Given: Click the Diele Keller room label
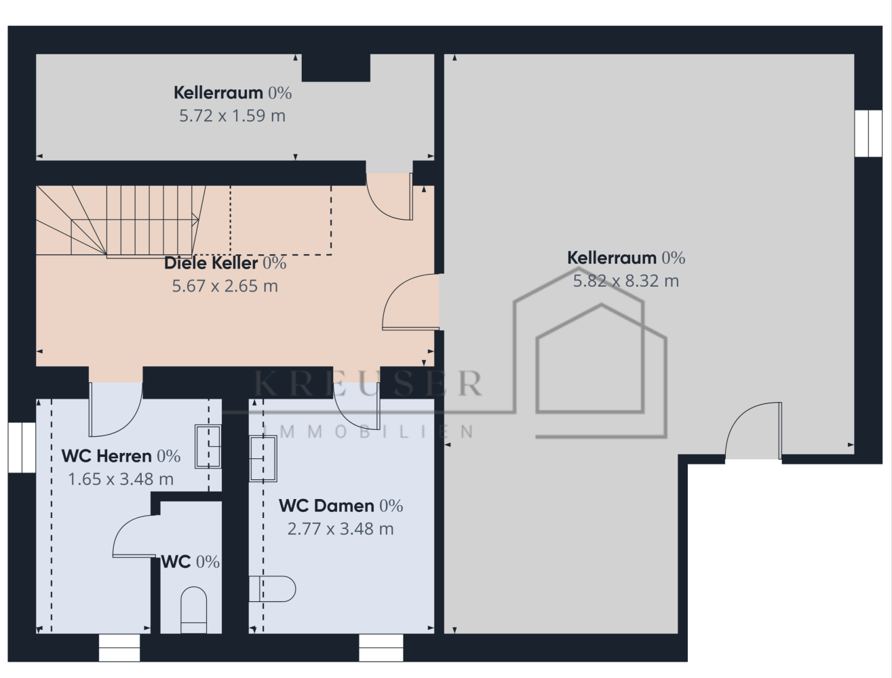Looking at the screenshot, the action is pyautogui.click(x=211, y=263).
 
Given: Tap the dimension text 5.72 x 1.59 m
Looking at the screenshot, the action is pyautogui.click(x=233, y=116).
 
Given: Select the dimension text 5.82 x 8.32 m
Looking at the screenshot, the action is pyautogui.click(x=626, y=281).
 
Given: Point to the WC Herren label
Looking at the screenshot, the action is pyautogui.click(x=106, y=456).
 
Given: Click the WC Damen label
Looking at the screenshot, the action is pyautogui.click(x=326, y=506).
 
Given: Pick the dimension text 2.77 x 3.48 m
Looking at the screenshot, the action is pyautogui.click(x=341, y=529).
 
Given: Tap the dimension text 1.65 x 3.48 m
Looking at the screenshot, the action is pyautogui.click(x=121, y=479).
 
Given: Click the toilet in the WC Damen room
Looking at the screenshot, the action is pyautogui.click(x=272, y=589).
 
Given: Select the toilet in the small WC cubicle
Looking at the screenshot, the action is pyautogui.click(x=194, y=610).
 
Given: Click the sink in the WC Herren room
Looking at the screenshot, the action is pyautogui.click(x=208, y=447).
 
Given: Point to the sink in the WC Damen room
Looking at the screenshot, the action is pyautogui.click(x=263, y=459).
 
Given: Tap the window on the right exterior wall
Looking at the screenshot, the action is pyautogui.click(x=868, y=134).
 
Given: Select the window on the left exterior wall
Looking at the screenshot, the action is pyautogui.click(x=22, y=447).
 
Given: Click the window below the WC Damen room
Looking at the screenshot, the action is pyautogui.click(x=381, y=648).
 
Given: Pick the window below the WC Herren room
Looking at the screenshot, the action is pyautogui.click(x=119, y=648).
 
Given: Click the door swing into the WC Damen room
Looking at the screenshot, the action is pyautogui.click(x=357, y=406).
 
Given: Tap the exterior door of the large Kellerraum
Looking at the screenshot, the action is pyautogui.click(x=754, y=431).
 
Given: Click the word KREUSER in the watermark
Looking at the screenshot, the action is pyautogui.click(x=368, y=383).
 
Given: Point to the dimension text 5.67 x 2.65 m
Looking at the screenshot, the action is pyautogui.click(x=225, y=286).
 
